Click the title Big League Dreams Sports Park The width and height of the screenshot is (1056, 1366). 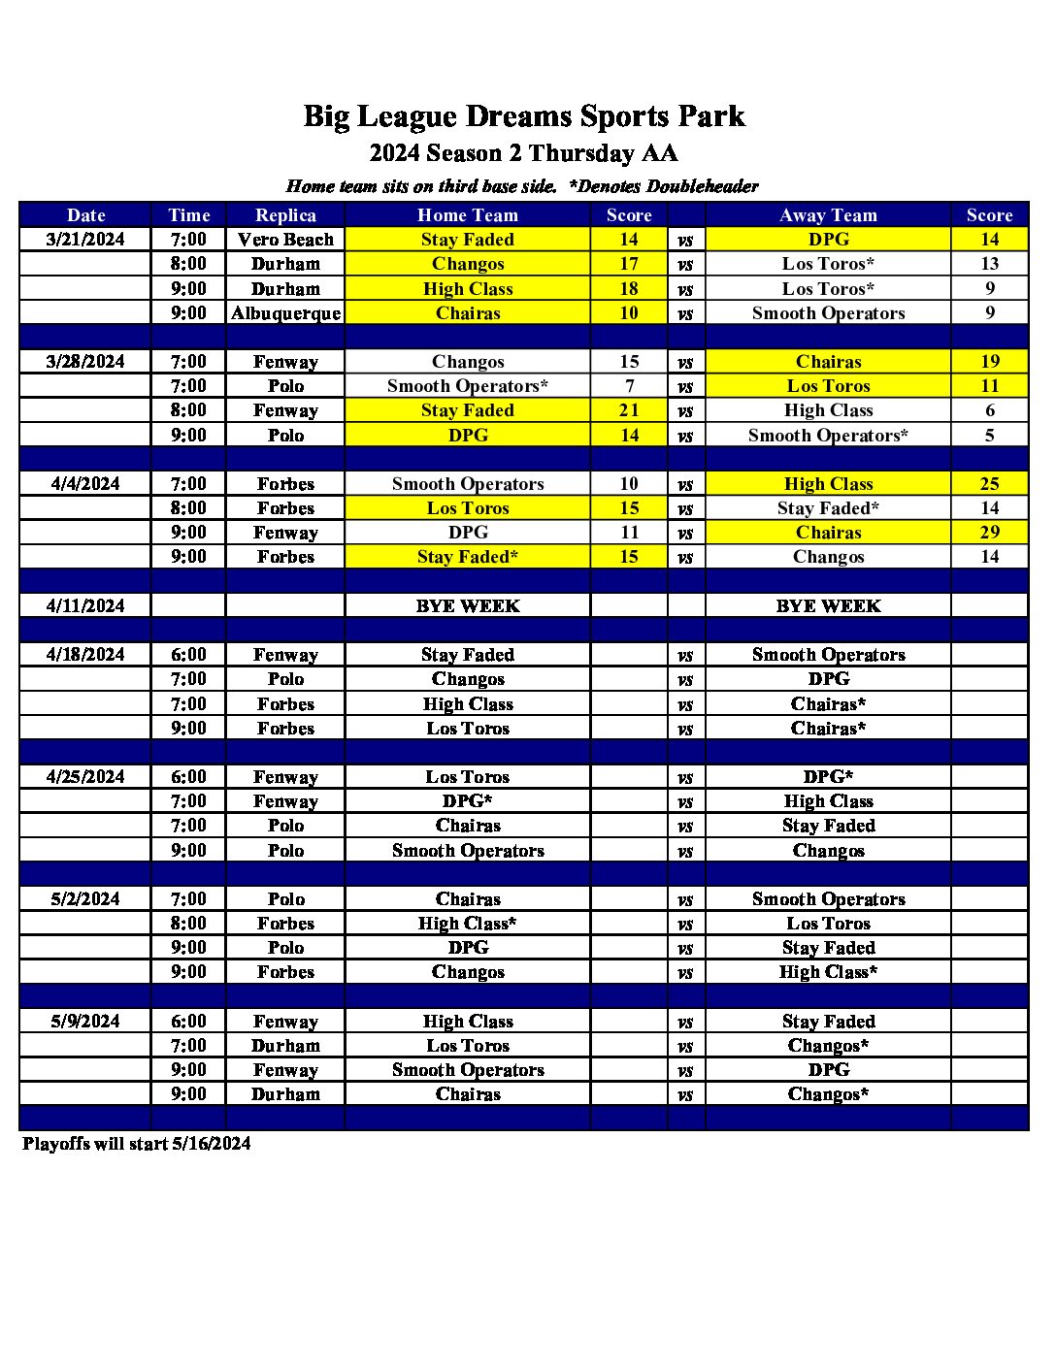(x=524, y=116)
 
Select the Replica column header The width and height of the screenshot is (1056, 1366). (x=285, y=215)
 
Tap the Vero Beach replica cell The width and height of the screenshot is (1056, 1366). (x=285, y=240)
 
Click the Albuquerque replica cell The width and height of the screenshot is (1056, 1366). (x=285, y=313)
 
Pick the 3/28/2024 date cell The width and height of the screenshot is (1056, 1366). (x=85, y=362)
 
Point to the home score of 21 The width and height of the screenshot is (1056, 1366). (x=629, y=410)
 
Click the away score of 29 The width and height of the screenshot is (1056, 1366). (x=989, y=533)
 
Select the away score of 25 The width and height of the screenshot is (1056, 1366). (x=989, y=484)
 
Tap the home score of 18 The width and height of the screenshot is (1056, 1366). (x=629, y=289)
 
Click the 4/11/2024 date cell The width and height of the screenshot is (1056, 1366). (x=85, y=606)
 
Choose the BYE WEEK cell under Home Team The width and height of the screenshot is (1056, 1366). (x=468, y=606)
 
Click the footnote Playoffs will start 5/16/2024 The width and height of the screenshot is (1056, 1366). (x=137, y=1144)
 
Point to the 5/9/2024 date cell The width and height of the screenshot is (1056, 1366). (x=85, y=1022)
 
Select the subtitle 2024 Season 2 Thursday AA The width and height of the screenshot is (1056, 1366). (x=524, y=153)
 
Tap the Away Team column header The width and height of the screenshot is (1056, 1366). (x=828, y=215)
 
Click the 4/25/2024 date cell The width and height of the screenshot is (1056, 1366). (x=85, y=777)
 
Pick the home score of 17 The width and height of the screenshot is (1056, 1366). (x=629, y=264)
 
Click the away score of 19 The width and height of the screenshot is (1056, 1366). (x=989, y=362)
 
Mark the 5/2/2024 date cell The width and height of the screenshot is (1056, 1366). (x=85, y=899)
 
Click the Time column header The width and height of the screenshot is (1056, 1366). (x=188, y=215)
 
